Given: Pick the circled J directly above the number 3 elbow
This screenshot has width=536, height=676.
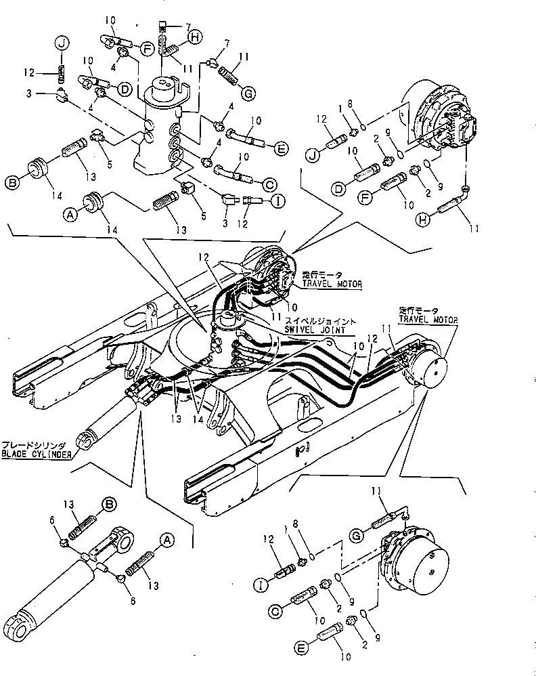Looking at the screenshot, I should click(x=62, y=45).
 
